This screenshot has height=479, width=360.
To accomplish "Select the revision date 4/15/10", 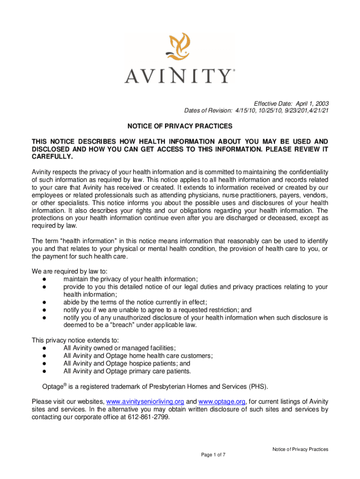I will coord(243,111).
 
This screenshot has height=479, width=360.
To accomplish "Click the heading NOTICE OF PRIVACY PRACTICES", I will coord(180,126).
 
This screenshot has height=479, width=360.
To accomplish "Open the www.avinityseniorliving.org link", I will coord(146,401).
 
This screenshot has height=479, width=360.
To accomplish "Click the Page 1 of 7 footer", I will coord(213,455).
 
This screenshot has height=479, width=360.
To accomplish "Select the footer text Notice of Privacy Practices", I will coord(301,449).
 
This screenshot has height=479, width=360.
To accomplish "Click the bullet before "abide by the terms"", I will coord(43,302).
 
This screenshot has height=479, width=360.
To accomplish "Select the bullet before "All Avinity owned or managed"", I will coord(43,348).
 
